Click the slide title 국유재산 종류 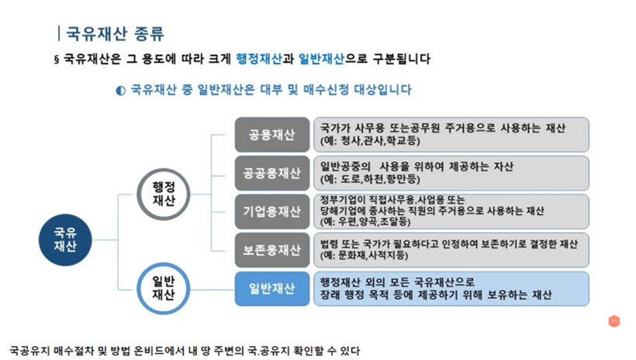click(x=112, y=33)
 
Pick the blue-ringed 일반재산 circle click(x=163, y=288)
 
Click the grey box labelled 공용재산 click(x=271, y=134)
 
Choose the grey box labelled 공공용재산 click(x=271, y=173)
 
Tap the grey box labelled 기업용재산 click(x=271, y=211)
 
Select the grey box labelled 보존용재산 click(x=271, y=250)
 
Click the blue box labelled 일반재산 click(x=271, y=289)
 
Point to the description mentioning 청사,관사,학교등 click(x=451, y=134)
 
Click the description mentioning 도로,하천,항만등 click(x=451, y=173)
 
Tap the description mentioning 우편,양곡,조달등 click(x=451, y=211)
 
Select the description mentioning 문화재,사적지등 click(x=451, y=250)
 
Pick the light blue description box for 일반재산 click(x=451, y=289)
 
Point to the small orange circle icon click(x=614, y=320)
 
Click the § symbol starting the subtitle click(x=56, y=60)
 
